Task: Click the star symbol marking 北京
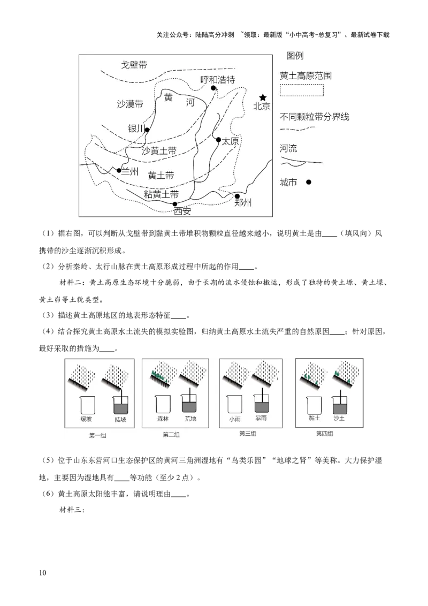click(263, 97)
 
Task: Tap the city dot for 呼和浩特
click(213, 88)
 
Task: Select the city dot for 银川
click(147, 130)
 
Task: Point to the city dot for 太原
click(218, 140)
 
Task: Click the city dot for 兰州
click(119, 170)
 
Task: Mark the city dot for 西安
click(174, 204)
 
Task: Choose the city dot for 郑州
click(237, 196)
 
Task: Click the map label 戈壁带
click(134, 65)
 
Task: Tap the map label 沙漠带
click(130, 104)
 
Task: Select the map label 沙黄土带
click(159, 151)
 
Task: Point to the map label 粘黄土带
click(162, 193)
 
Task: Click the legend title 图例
click(295, 56)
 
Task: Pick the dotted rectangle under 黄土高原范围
click(302, 90)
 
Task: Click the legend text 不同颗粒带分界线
click(315, 117)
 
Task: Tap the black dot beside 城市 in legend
click(308, 182)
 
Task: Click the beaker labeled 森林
click(163, 404)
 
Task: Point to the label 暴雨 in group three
click(261, 419)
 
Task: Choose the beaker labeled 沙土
click(339, 405)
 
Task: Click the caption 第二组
click(171, 435)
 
